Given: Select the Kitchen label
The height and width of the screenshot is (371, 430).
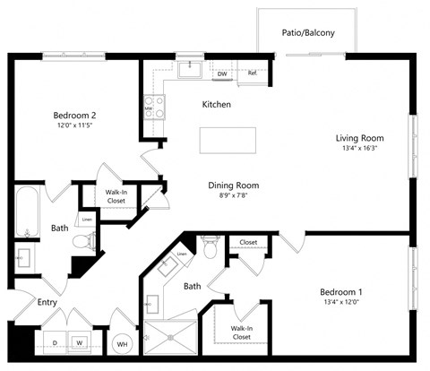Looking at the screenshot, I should click(216, 105).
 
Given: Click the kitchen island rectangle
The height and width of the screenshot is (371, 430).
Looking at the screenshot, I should click(228, 141).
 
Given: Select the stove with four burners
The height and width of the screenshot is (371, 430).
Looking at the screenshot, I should click(154, 108).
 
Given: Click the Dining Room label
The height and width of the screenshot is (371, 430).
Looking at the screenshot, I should click(233, 185).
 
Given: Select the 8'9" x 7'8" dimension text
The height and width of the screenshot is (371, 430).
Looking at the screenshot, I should click(233, 197).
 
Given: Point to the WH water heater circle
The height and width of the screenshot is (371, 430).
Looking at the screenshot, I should click(122, 343).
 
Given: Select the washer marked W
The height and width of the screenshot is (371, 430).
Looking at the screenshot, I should click(80, 342).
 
